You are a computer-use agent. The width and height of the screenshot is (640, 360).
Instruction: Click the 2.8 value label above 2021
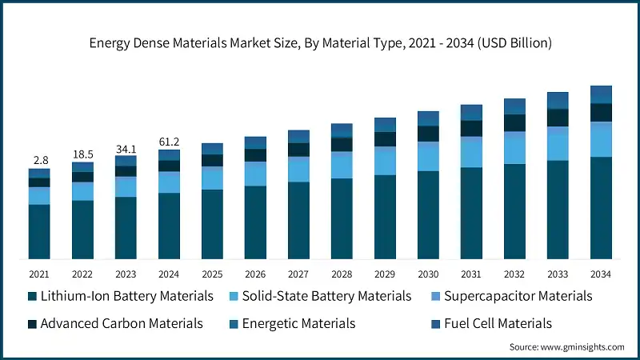point(39,161)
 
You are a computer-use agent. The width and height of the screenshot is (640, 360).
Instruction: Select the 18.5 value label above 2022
point(82,154)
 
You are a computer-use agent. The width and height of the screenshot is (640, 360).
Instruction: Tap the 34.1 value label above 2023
point(126,148)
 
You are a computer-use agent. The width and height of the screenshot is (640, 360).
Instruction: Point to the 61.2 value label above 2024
point(169,142)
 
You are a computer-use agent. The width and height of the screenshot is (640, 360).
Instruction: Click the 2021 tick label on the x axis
point(39,274)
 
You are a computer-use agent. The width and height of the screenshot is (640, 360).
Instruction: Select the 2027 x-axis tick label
point(298,274)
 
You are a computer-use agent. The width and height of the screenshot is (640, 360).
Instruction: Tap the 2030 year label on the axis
point(428,274)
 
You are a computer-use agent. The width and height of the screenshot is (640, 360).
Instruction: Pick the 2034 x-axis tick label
point(601,274)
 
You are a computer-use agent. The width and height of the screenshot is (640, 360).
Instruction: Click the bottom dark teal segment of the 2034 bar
point(601,208)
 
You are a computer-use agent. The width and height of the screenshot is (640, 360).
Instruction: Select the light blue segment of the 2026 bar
point(255,174)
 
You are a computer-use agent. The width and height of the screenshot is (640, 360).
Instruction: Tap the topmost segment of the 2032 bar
point(514,106)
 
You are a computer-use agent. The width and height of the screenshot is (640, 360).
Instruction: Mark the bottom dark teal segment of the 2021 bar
point(39,232)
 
